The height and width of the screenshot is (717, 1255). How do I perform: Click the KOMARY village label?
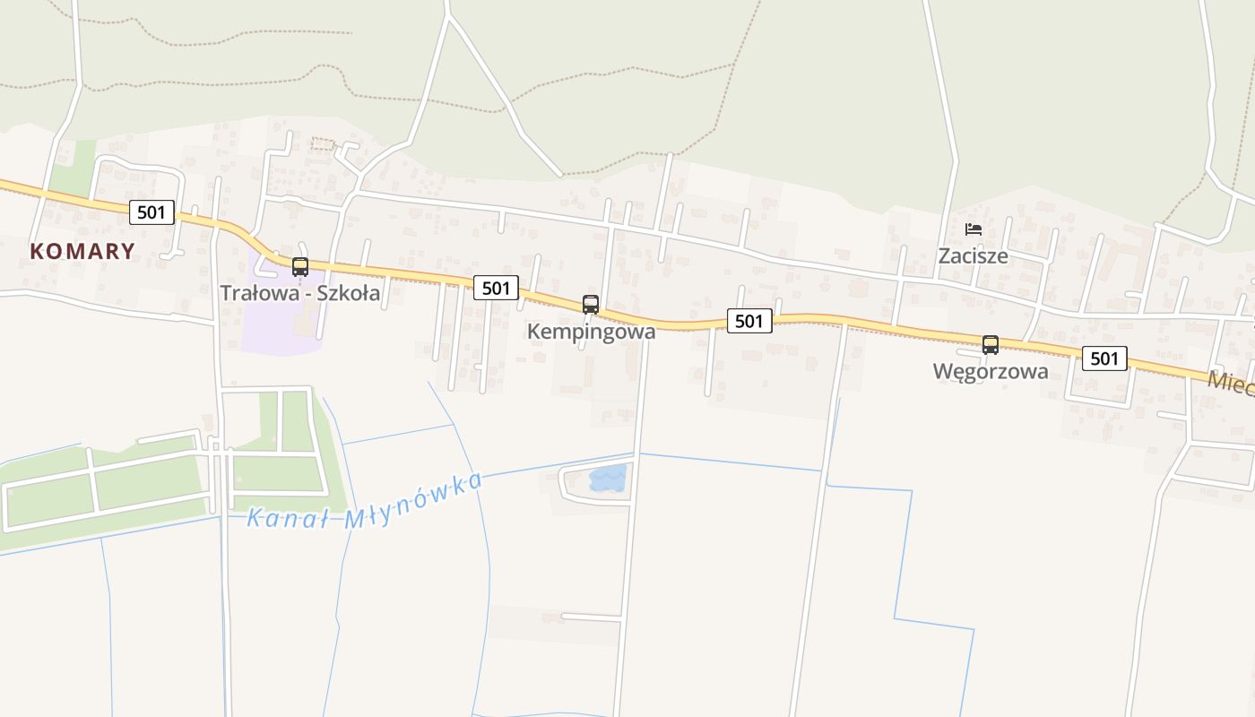pos(82,251)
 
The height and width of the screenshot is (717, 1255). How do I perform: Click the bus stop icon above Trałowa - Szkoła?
pos(300,266)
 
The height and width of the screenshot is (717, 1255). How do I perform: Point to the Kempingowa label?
pos(591,332)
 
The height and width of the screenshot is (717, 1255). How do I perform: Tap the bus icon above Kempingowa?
pos(590,304)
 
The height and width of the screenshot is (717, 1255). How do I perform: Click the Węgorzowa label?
pos(990,372)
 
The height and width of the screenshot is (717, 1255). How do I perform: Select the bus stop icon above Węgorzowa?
pos(990,344)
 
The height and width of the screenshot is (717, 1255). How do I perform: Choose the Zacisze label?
pos(973,256)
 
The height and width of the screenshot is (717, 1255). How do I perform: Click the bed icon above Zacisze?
pos(973,229)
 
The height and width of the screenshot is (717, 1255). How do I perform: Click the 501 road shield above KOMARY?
pos(151,212)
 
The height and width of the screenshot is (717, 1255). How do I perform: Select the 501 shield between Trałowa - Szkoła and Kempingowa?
pos(496,288)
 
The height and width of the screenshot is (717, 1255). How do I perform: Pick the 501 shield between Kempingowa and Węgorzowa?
pos(749,321)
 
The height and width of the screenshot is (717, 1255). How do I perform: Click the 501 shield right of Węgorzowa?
pos(1104,358)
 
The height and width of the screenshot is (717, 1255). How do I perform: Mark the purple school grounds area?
pos(273,318)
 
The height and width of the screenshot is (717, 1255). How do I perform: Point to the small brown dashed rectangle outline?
pos(322,143)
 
